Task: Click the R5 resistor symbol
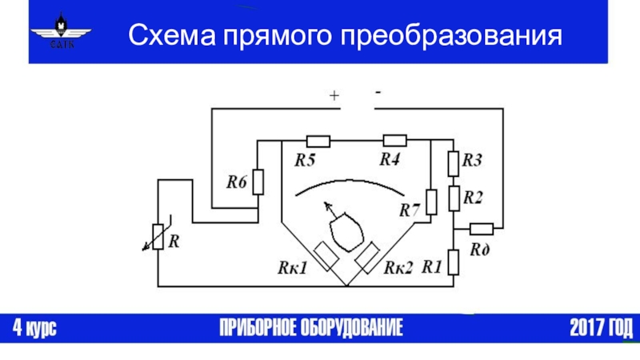(x=318, y=142)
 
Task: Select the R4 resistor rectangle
(x=394, y=141)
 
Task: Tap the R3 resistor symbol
(x=454, y=164)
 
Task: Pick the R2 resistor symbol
(x=454, y=198)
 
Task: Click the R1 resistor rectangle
(x=454, y=262)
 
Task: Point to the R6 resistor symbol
(x=258, y=182)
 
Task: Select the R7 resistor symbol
(x=431, y=202)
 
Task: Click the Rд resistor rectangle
(x=482, y=229)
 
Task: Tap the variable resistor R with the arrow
(x=158, y=236)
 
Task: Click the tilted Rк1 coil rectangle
(x=326, y=256)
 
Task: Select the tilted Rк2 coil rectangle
(x=367, y=257)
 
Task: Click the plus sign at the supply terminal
(x=334, y=95)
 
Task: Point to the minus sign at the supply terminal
(x=378, y=93)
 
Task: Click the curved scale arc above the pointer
(x=350, y=181)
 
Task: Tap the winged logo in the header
(x=62, y=30)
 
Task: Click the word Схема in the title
(x=172, y=35)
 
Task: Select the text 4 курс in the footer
(x=34, y=327)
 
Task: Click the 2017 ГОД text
(x=602, y=327)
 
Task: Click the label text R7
(x=410, y=210)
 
